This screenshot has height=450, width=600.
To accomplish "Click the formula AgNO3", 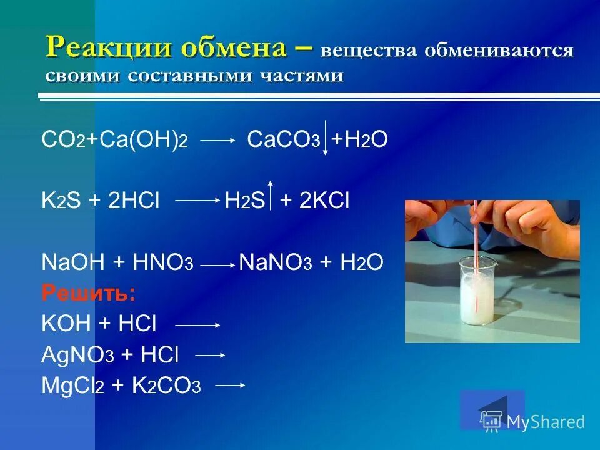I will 77,354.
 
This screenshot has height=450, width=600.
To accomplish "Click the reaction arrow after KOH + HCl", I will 197,325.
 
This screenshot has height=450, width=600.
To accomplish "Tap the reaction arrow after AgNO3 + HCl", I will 210,355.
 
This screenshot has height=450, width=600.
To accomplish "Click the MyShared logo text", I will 545,422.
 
